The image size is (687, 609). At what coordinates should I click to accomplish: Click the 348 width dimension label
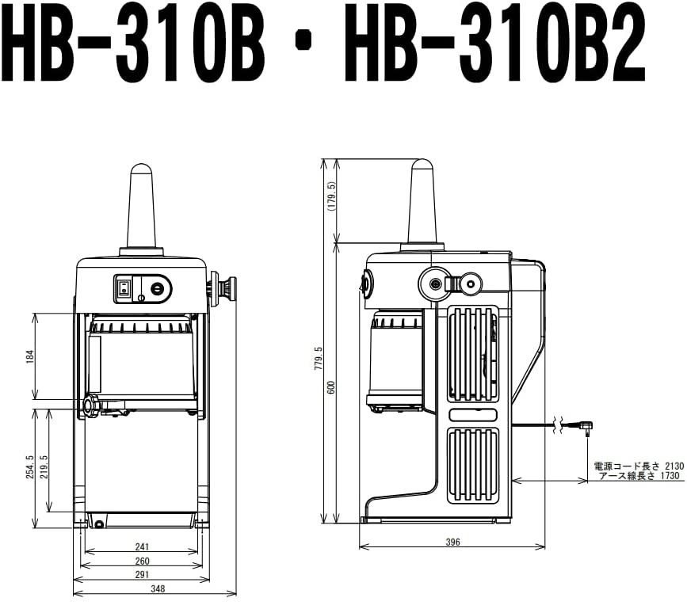(x=158, y=589)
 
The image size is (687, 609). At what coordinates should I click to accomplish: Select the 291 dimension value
(x=142, y=574)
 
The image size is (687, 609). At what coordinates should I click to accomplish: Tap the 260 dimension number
(x=142, y=561)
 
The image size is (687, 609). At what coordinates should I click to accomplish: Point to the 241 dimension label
(x=142, y=546)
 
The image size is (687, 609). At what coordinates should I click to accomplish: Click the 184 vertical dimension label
(x=30, y=357)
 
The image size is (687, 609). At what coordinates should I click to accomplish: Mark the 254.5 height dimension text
(x=30, y=466)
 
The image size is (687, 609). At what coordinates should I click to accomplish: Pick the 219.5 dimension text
(x=44, y=466)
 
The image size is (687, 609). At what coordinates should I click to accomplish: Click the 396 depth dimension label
(x=452, y=542)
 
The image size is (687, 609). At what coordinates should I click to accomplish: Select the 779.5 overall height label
(x=319, y=359)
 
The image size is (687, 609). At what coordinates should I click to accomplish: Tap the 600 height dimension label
(x=331, y=387)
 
